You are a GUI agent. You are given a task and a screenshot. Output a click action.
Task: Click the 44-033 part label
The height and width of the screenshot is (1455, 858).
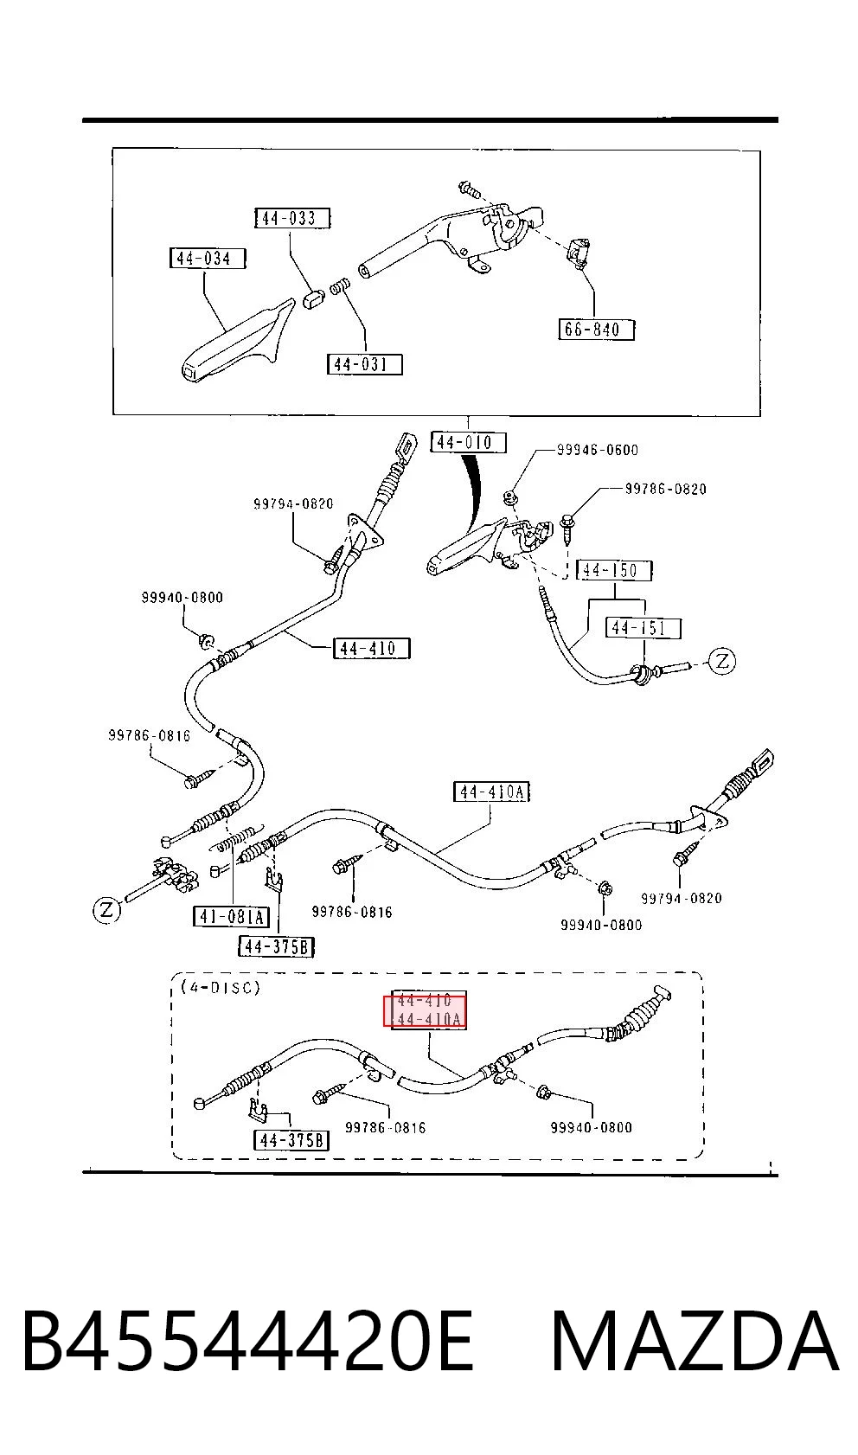pyautogui.click(x=292, y=218)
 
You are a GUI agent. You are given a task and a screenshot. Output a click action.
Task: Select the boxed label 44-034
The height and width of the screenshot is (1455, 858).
pyautogui.click(x=208, y=259)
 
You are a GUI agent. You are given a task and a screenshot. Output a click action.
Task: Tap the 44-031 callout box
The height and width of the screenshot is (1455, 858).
pyautogui.click(x=364, y=364)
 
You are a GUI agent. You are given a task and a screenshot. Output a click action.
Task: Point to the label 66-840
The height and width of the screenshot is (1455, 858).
pyautogui.click(x=596, y=330)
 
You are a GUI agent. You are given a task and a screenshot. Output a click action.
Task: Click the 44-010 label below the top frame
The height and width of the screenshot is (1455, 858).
pyautogui.click(x=468, y=442)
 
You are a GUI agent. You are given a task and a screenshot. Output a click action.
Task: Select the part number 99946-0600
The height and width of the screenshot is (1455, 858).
pyautogui.click(x=598, y=450)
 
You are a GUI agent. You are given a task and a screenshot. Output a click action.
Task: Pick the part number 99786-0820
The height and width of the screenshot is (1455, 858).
pyautogui.click(x=666, y=489)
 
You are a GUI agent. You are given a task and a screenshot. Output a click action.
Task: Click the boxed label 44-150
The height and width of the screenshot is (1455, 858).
pyautogui.click(x=614, y=570)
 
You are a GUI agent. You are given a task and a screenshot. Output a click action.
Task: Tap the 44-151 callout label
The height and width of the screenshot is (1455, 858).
pyautogui.click(x=643, y=627)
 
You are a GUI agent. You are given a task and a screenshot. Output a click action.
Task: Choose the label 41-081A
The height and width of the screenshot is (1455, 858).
pyautogui.click(x=231, y=917)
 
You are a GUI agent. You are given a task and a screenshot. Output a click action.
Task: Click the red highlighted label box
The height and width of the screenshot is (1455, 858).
pyautogui.click(x=425, y=1011)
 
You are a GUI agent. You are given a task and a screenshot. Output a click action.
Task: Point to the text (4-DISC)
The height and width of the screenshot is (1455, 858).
pyautogui.click(x=221, y=987)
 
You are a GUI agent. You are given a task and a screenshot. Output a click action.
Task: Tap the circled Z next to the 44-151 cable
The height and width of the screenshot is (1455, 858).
pyautogui.click(x=721, y=662)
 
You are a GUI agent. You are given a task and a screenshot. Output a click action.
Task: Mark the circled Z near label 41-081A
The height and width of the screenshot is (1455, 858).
pyautogui.click(x=106, y=909)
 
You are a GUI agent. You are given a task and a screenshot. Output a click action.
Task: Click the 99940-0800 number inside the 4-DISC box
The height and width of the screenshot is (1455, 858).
pyautogui.click(x=591, y=1127)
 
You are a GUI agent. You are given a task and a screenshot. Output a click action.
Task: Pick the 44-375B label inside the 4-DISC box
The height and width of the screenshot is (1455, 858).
pyautogui.click(x=291, y=1140)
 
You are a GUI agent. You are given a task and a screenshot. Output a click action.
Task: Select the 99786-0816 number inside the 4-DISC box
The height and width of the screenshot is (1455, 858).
pyautogui.click(x=385, y=1128)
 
